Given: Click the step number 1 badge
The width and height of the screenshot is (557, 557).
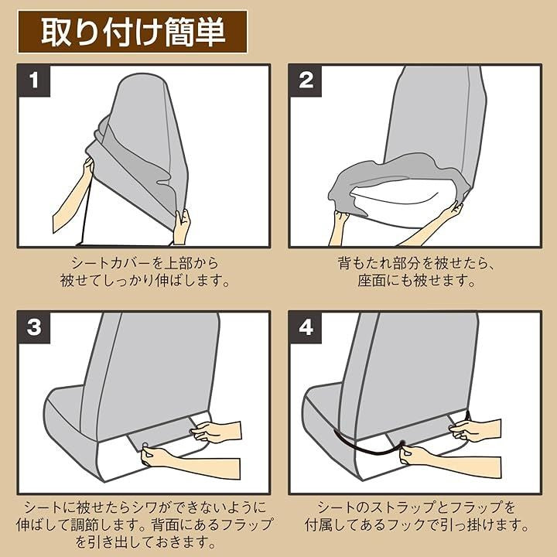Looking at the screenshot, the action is pos(34,80).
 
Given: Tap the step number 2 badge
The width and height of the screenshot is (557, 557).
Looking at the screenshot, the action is pos(306,80).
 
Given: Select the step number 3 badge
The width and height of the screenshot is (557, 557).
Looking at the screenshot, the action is pos(34,326).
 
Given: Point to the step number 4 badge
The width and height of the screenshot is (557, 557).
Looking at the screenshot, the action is pos(306,326).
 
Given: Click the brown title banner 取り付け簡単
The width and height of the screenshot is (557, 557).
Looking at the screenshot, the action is pos(132,32).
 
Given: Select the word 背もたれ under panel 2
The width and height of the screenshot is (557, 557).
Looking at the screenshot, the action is pos(365,263).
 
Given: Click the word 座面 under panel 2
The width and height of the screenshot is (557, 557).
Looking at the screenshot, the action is pos(371,281).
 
